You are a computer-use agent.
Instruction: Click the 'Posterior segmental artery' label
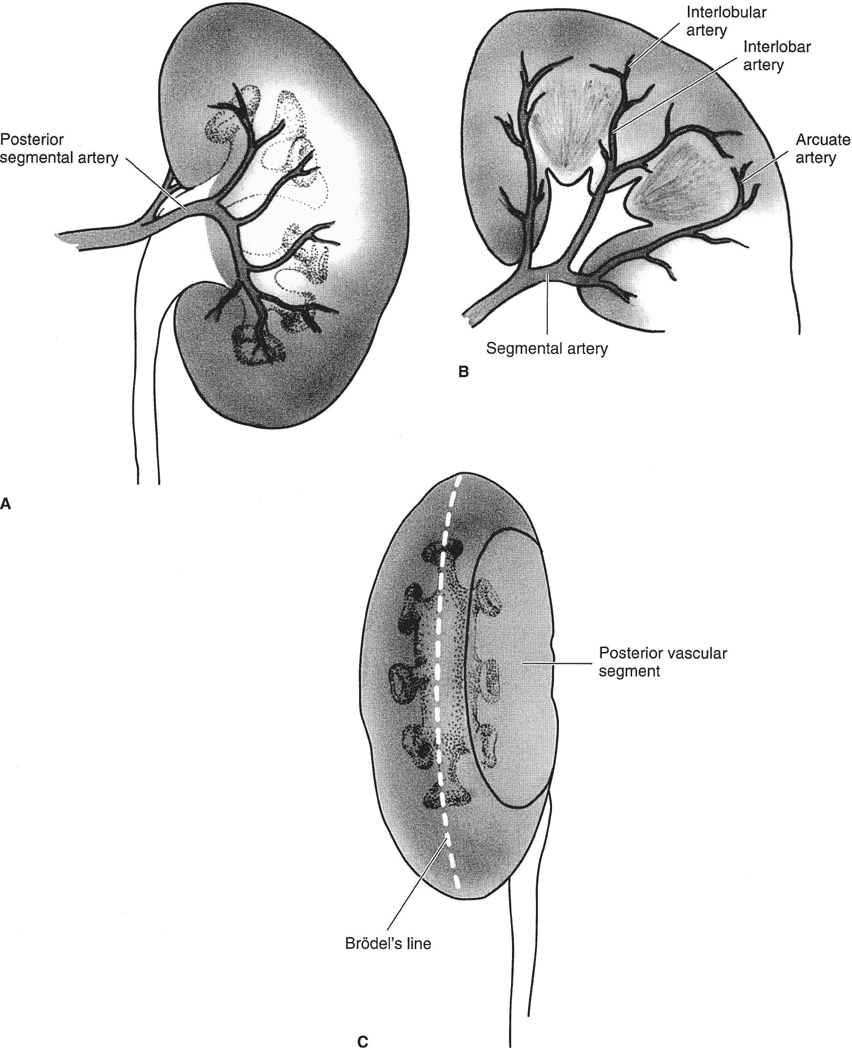[x=59, y=149]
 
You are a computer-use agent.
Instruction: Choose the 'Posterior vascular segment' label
[x=662, y=662]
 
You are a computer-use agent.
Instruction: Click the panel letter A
[x=6, y=503]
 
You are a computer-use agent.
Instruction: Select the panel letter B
[x=463, y=373]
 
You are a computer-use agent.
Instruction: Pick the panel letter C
[x=362, y=1038]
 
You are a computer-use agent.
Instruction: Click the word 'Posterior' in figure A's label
[x=32, y=140]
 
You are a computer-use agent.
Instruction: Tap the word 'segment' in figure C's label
[x=629, y=671]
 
